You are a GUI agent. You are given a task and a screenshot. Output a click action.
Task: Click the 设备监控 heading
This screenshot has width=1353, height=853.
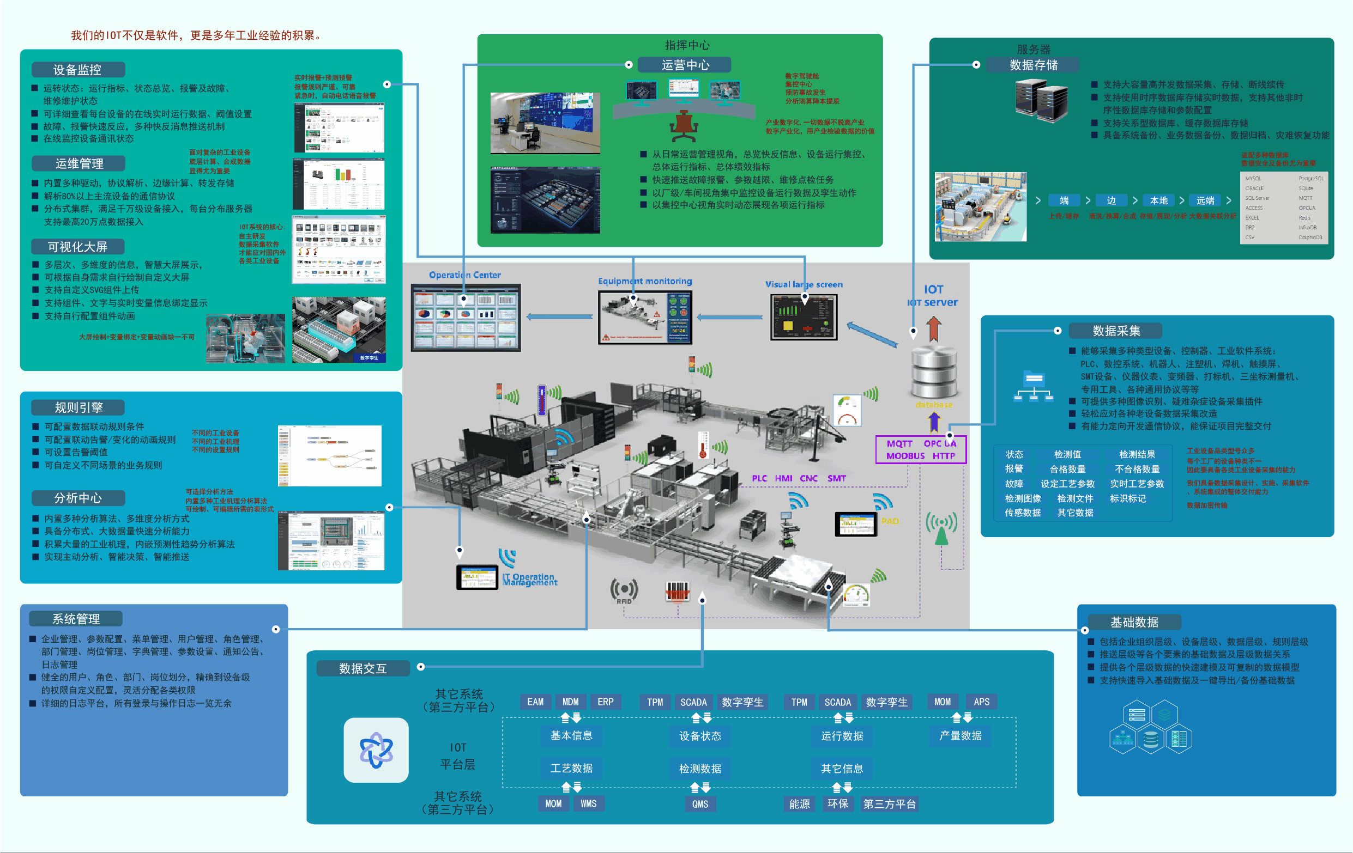point(77,70)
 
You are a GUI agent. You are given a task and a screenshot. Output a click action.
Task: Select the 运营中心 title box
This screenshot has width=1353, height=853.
point(684,65)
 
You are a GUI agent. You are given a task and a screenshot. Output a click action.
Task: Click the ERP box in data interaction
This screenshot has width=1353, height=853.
point(605,702)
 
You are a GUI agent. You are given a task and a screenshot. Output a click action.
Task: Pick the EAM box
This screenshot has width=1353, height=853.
point(535,702)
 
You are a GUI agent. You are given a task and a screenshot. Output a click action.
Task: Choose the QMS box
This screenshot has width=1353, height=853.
point(699,804)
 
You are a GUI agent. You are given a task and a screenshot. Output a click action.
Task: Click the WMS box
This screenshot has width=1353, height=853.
point(588,803)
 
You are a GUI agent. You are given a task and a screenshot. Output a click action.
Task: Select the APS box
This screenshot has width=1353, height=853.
point(981,702)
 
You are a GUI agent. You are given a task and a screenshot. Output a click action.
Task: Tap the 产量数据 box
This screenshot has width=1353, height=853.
point(961,736)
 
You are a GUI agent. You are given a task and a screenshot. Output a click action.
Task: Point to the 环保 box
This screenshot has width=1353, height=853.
point(837,804)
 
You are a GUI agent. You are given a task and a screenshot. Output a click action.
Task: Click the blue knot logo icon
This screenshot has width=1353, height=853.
point(376,750)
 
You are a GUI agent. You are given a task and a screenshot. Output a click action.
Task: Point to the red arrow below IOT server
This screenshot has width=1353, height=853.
point(934,329)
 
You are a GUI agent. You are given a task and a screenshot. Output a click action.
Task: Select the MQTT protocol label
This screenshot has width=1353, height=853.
point(899,443)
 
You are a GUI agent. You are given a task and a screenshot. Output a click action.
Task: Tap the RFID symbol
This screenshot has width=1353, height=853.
point(624,591)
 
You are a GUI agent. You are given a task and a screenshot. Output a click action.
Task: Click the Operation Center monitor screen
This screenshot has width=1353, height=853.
point(465,318)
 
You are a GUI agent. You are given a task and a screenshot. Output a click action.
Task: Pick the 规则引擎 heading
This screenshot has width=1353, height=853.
point(78,407)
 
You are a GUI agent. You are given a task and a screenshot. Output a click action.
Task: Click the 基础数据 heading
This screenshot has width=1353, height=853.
point(1134,622)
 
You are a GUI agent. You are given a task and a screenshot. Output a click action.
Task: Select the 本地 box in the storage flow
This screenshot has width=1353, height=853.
point(1158,200)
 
